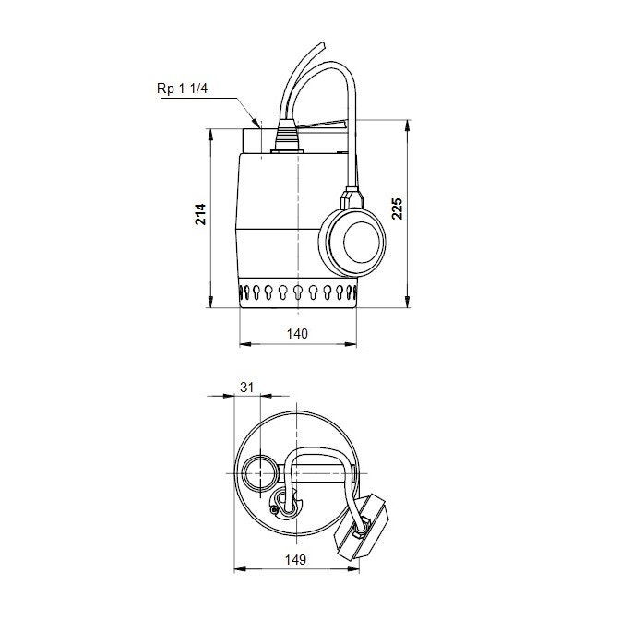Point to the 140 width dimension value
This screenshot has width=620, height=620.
coord(297,333)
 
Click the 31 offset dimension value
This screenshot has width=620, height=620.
coord(246,388)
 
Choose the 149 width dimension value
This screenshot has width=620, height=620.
coord(295,560)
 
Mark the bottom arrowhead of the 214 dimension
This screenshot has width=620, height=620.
coord(212,305)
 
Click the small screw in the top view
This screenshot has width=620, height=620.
coord(274,510)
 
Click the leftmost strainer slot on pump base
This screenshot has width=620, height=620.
coord(247,294)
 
